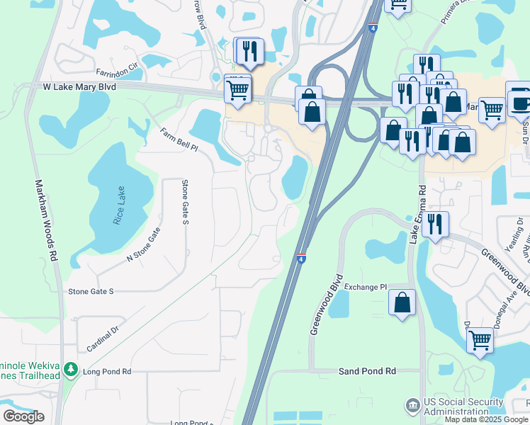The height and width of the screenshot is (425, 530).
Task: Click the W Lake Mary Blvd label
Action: (x=78, y=85)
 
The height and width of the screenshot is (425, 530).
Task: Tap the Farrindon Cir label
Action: (x=119, y=72)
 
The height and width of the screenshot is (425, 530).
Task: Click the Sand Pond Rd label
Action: (x=366, y=371)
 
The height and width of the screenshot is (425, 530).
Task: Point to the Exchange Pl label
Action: (x=367, y=288)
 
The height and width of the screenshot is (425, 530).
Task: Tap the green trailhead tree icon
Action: (x=71, y=369)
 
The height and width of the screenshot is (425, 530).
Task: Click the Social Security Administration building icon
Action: (x=412, y=406)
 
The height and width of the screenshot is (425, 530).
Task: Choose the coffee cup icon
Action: (x=520, y=101)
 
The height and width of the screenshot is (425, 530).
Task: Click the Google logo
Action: (x=23, y=416)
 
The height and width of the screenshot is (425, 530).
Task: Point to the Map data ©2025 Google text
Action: (x=486, y=419)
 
